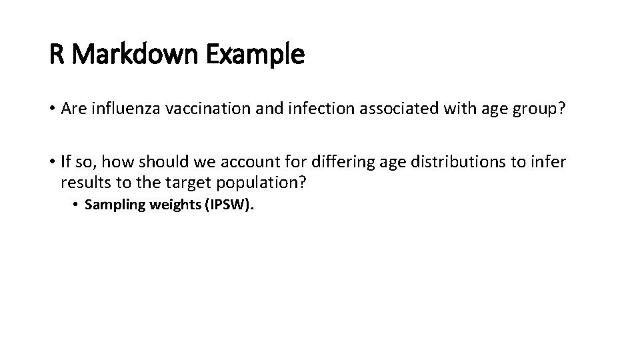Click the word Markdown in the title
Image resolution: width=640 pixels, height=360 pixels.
(141, 55)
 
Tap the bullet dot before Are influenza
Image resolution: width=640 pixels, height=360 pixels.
(52, 109)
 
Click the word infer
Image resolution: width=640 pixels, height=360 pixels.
(551, 162)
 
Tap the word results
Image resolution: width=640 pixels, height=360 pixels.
(83, 183)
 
